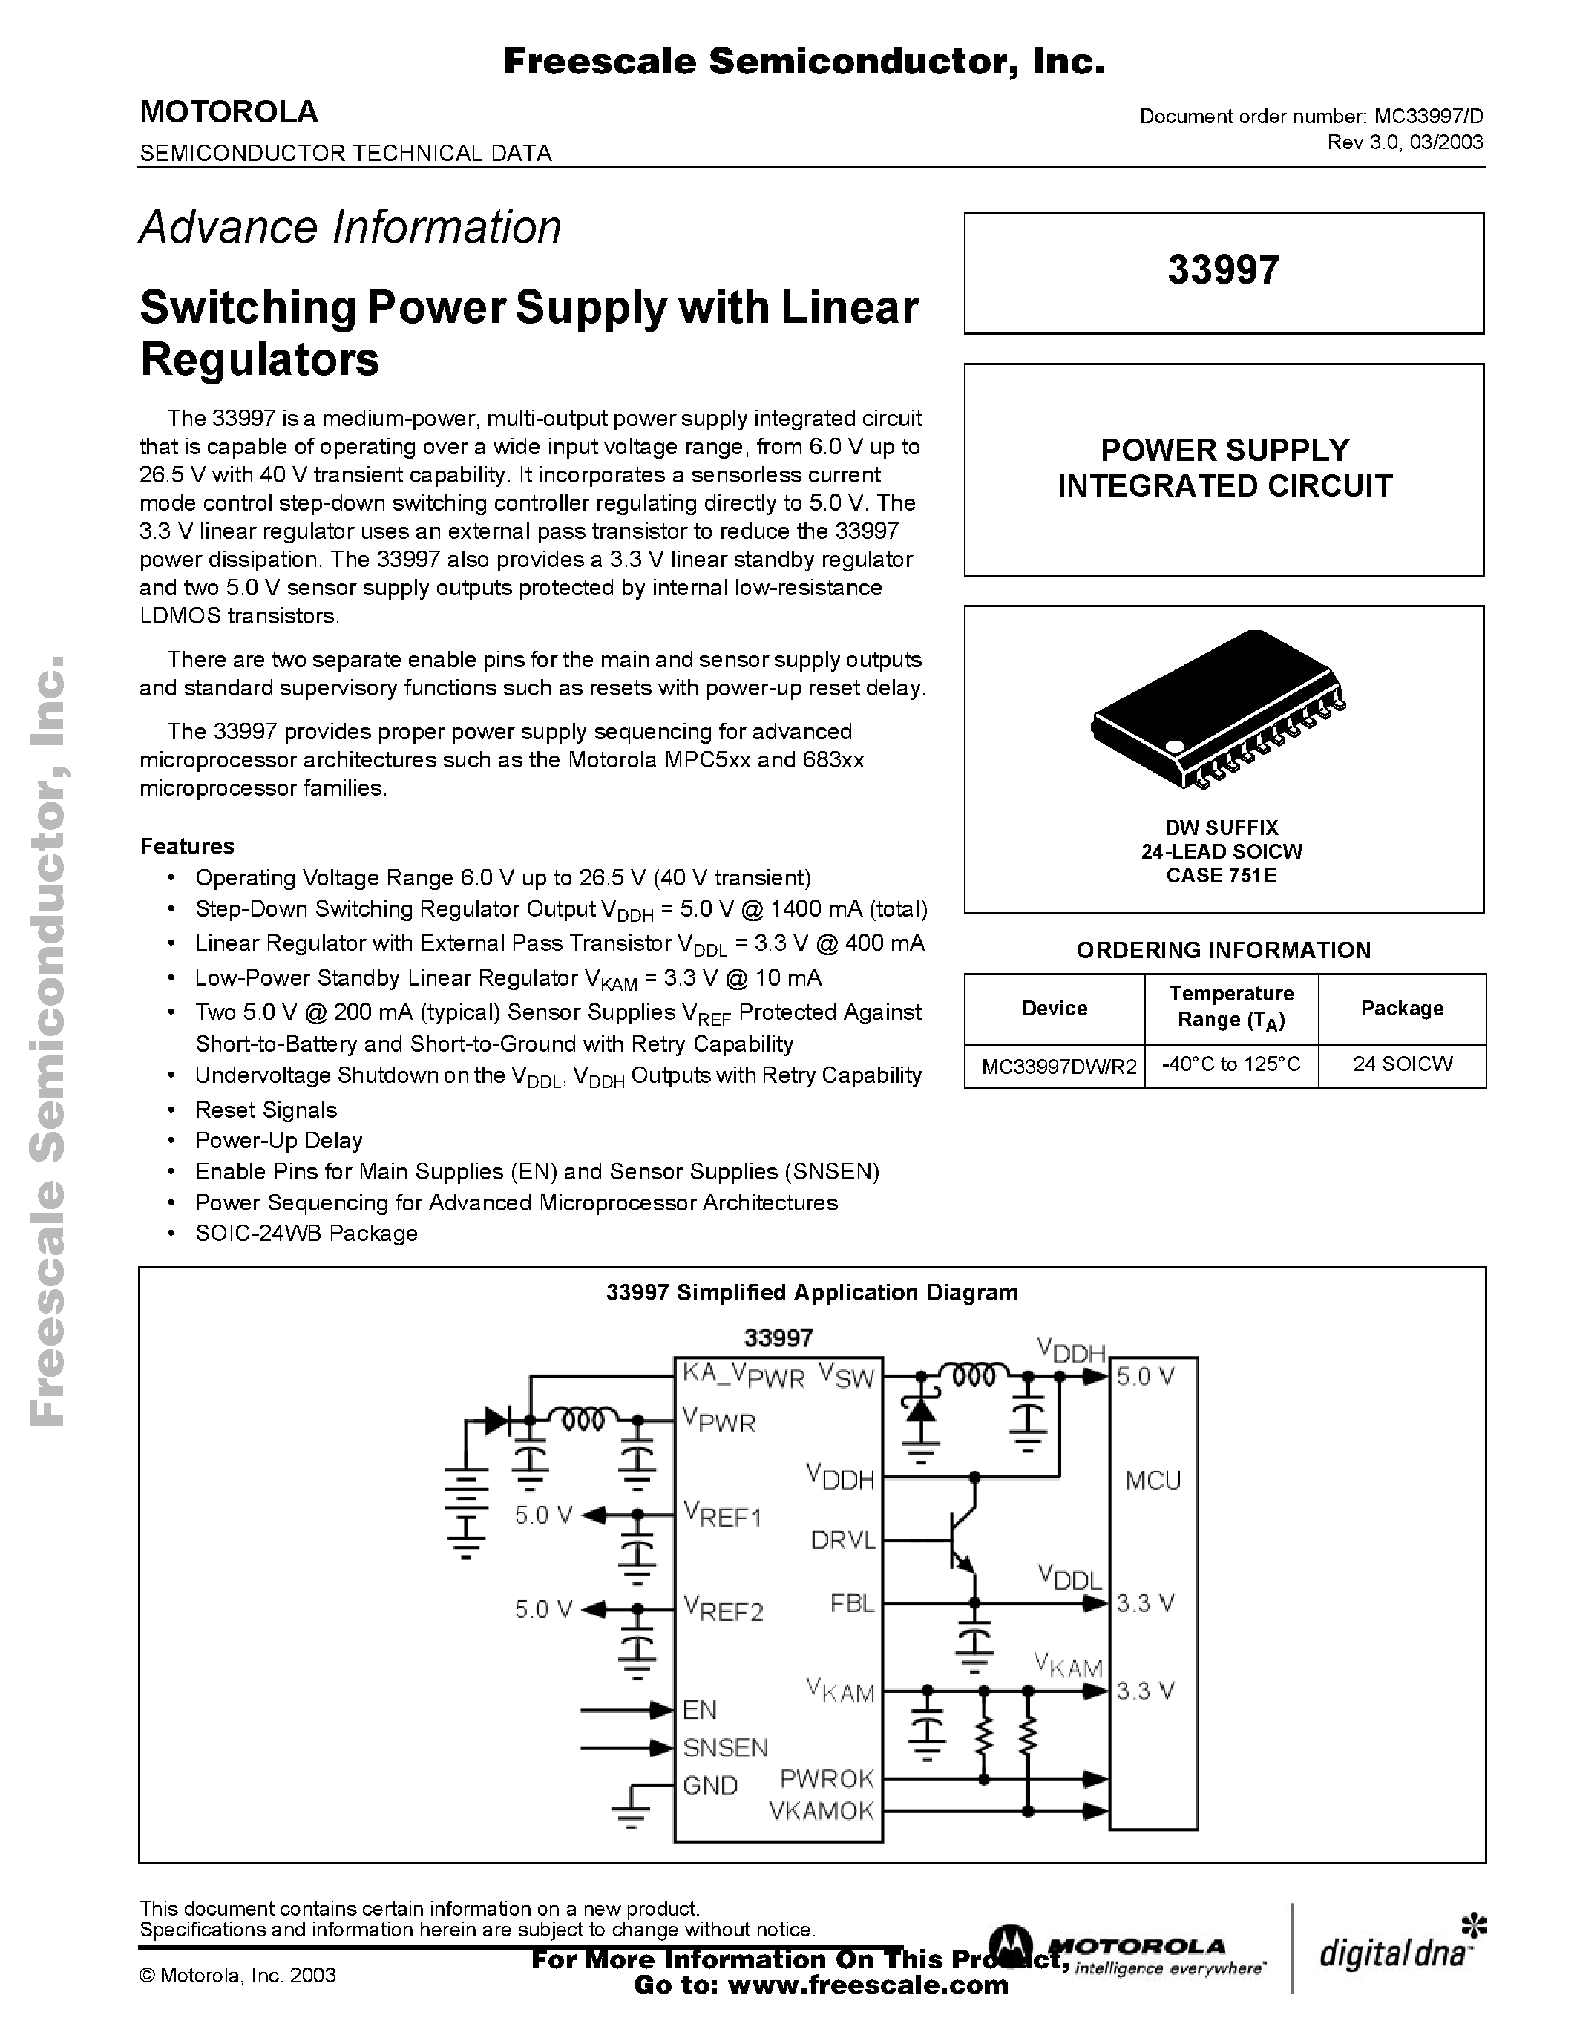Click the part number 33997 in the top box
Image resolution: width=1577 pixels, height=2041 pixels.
pyautogui.click(x=1223, y=270)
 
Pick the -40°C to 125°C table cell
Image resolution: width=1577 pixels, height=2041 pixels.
pyautogui.click(x=1230, y=1064)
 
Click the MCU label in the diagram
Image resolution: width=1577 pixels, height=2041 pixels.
pyautogui.click(x=1153, y=1481)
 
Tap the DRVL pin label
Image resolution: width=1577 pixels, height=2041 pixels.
pyautogui.click(x=843, y=1540)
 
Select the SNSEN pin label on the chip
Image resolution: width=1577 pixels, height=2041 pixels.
pyautogui.click(x=725, y=1748)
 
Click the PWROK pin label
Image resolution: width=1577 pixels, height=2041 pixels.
pyautogui.click(x=827, y=1778)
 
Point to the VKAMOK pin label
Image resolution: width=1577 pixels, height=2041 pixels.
pyautogui.click(x=822, y=1811)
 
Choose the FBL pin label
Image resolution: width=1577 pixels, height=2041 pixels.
pyautogui.click(x=852, y=1604)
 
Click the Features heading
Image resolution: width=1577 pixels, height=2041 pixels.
pyautogui.click(x=187, y=846)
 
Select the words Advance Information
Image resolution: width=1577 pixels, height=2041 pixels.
pyautogui.click(x=350, y=227)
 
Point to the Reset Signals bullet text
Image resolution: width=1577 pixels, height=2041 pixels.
pyautogui.click(x=266, y=1110)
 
